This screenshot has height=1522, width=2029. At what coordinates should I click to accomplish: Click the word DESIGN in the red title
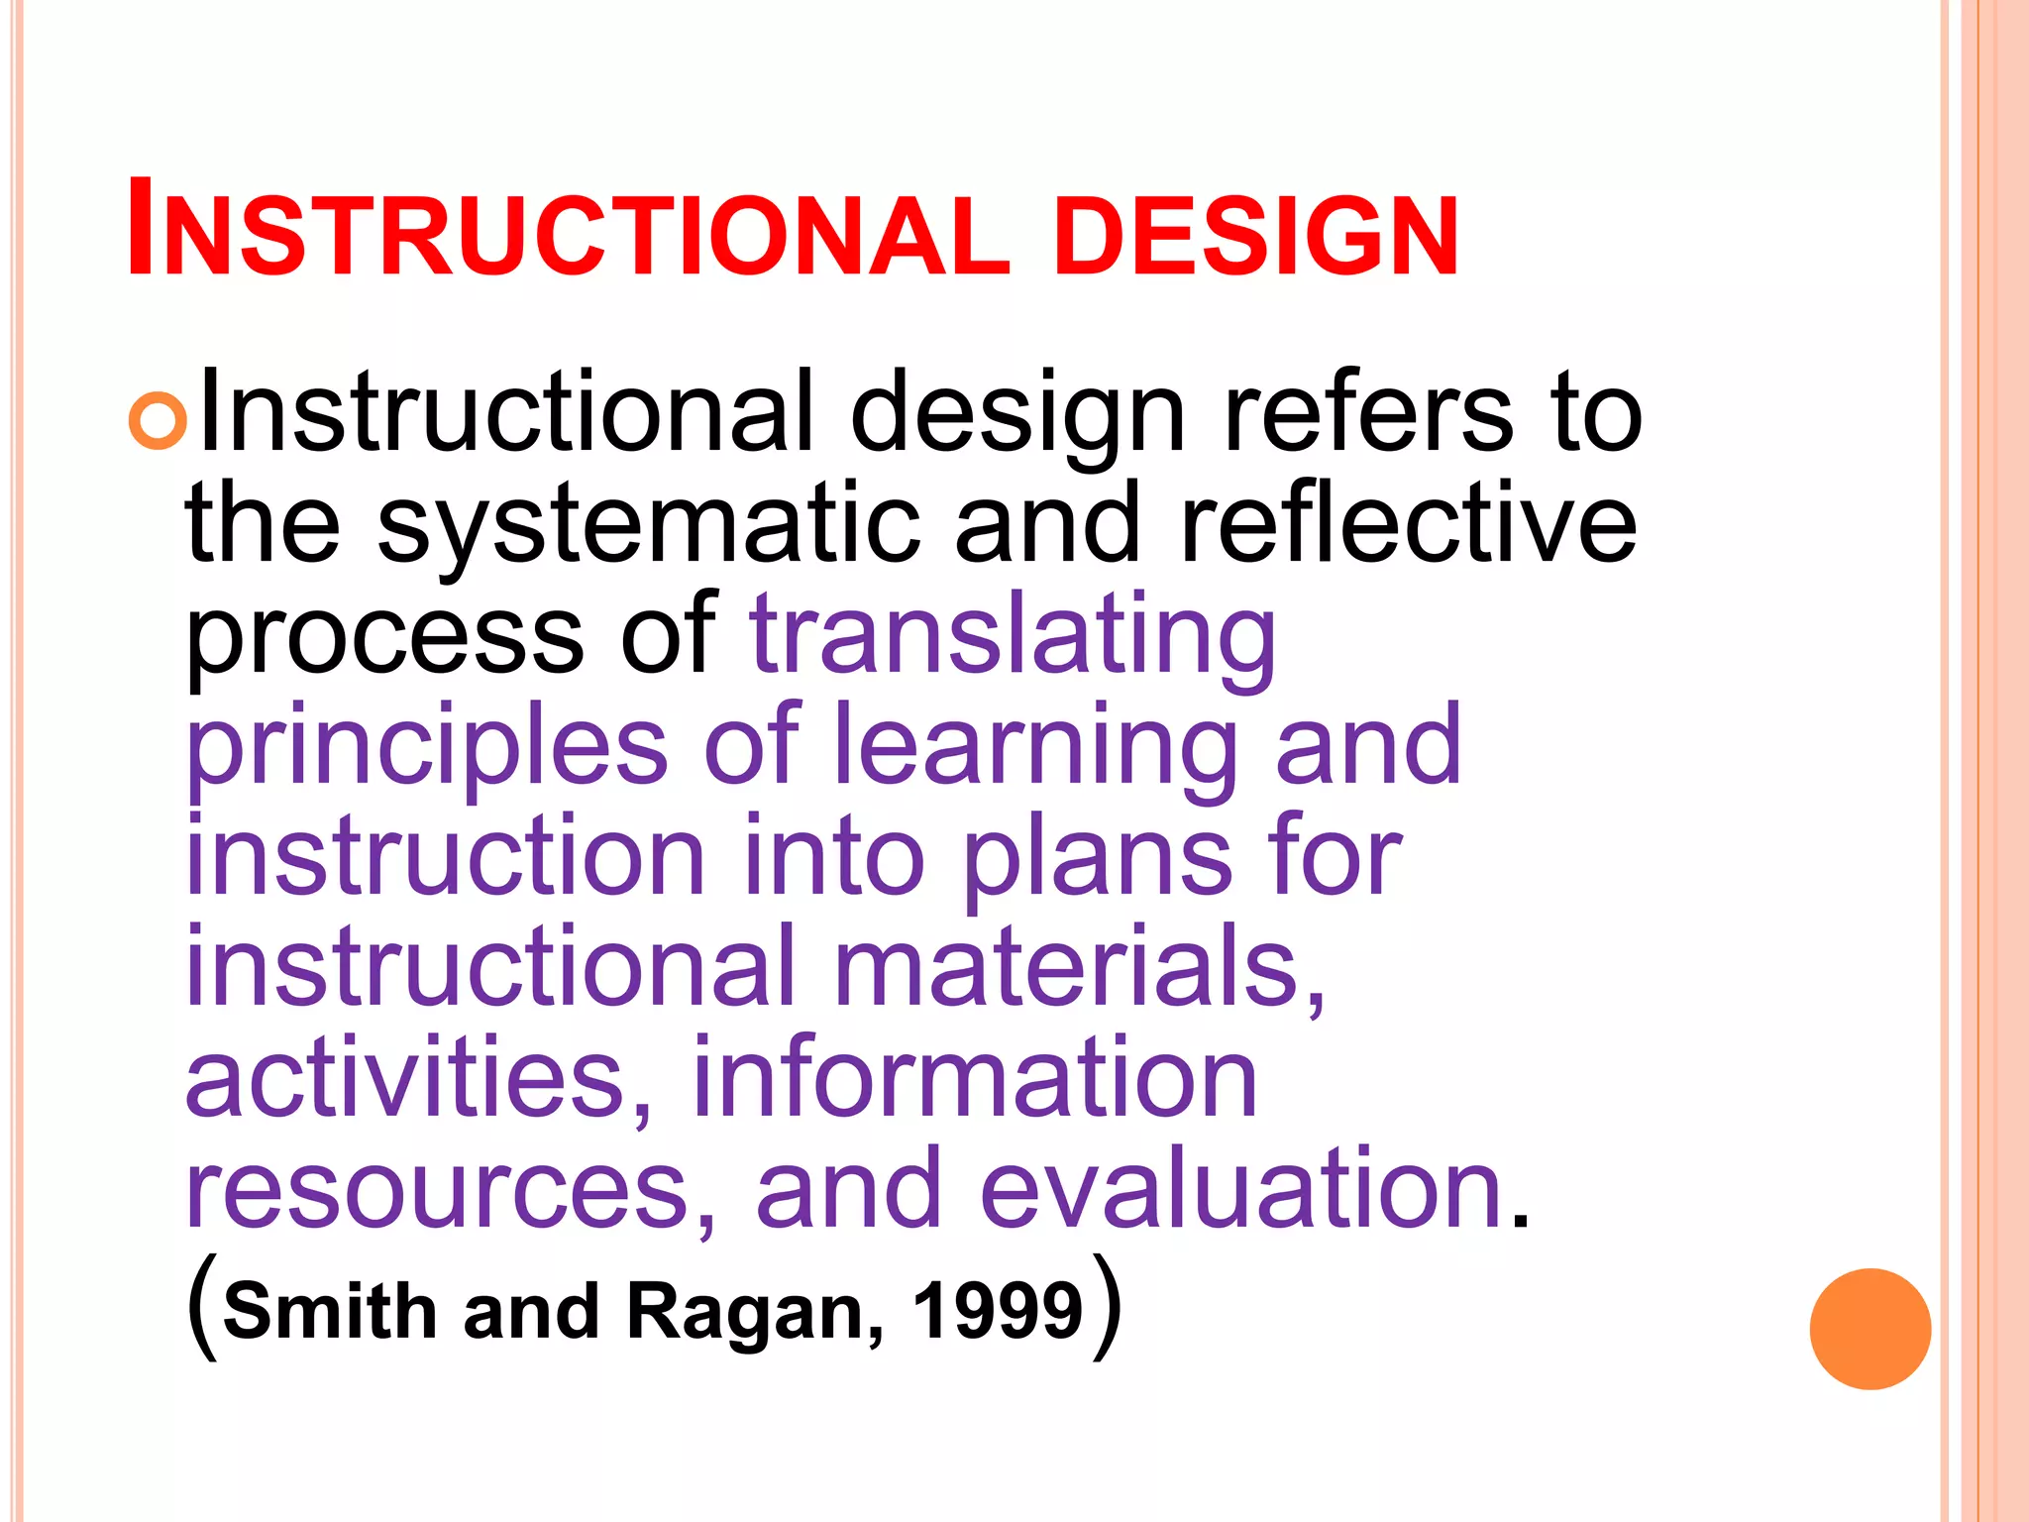point(1255,236)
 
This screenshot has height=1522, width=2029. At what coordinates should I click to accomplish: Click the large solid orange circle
point(1869,1329)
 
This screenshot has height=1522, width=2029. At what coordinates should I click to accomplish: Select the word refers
point(1368,412)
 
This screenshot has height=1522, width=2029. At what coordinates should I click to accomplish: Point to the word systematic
point(648,525)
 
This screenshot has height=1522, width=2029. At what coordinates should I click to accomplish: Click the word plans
point(1098,858)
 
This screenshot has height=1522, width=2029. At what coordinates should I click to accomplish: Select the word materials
point(1079,966)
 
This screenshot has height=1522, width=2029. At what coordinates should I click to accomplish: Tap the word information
point(975,1077)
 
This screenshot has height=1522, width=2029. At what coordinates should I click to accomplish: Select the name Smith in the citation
point(330,1310)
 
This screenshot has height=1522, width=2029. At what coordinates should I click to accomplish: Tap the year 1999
point(998,1310)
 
